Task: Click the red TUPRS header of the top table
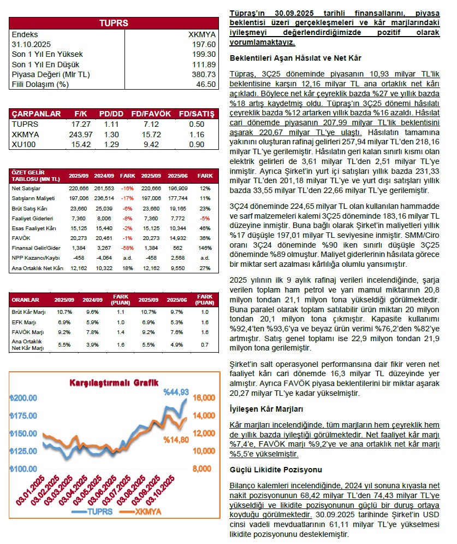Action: click(113, 23)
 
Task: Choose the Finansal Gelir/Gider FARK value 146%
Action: click(205, 248)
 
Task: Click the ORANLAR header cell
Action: click(26, 300)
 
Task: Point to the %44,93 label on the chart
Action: click(176, 391)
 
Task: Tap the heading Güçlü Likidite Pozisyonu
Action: click(275, 469)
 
